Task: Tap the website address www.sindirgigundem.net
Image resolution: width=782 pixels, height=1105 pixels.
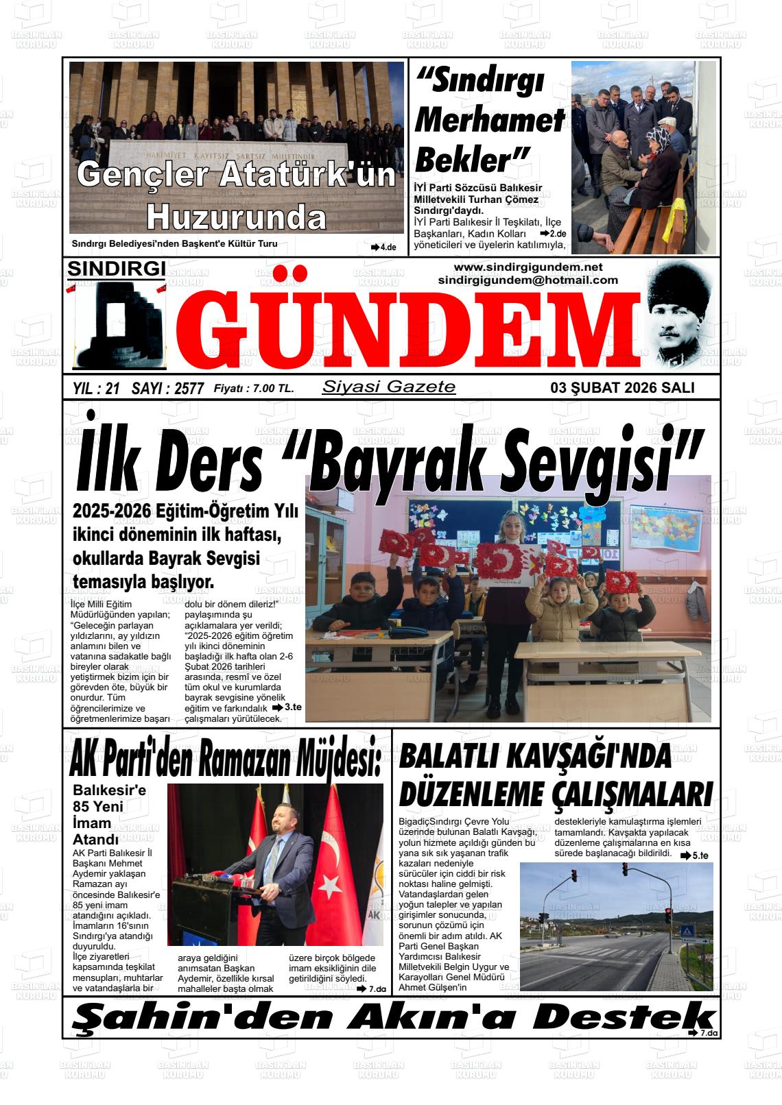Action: [528, 267]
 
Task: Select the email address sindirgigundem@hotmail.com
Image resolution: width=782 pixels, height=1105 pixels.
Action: [528, 280]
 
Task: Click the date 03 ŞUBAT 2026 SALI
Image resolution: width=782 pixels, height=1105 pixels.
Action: [622, 388]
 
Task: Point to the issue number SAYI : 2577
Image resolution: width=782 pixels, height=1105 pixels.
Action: [167, 389]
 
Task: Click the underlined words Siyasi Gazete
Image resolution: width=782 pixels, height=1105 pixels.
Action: [388, 387]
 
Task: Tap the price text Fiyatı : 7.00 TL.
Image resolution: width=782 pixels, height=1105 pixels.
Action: [254, 389]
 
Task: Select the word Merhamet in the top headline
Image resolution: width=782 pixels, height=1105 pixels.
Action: [489, 121]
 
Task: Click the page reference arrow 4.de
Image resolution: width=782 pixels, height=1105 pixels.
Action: [384, 247]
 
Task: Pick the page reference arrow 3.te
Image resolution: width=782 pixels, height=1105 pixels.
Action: [287, 707]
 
